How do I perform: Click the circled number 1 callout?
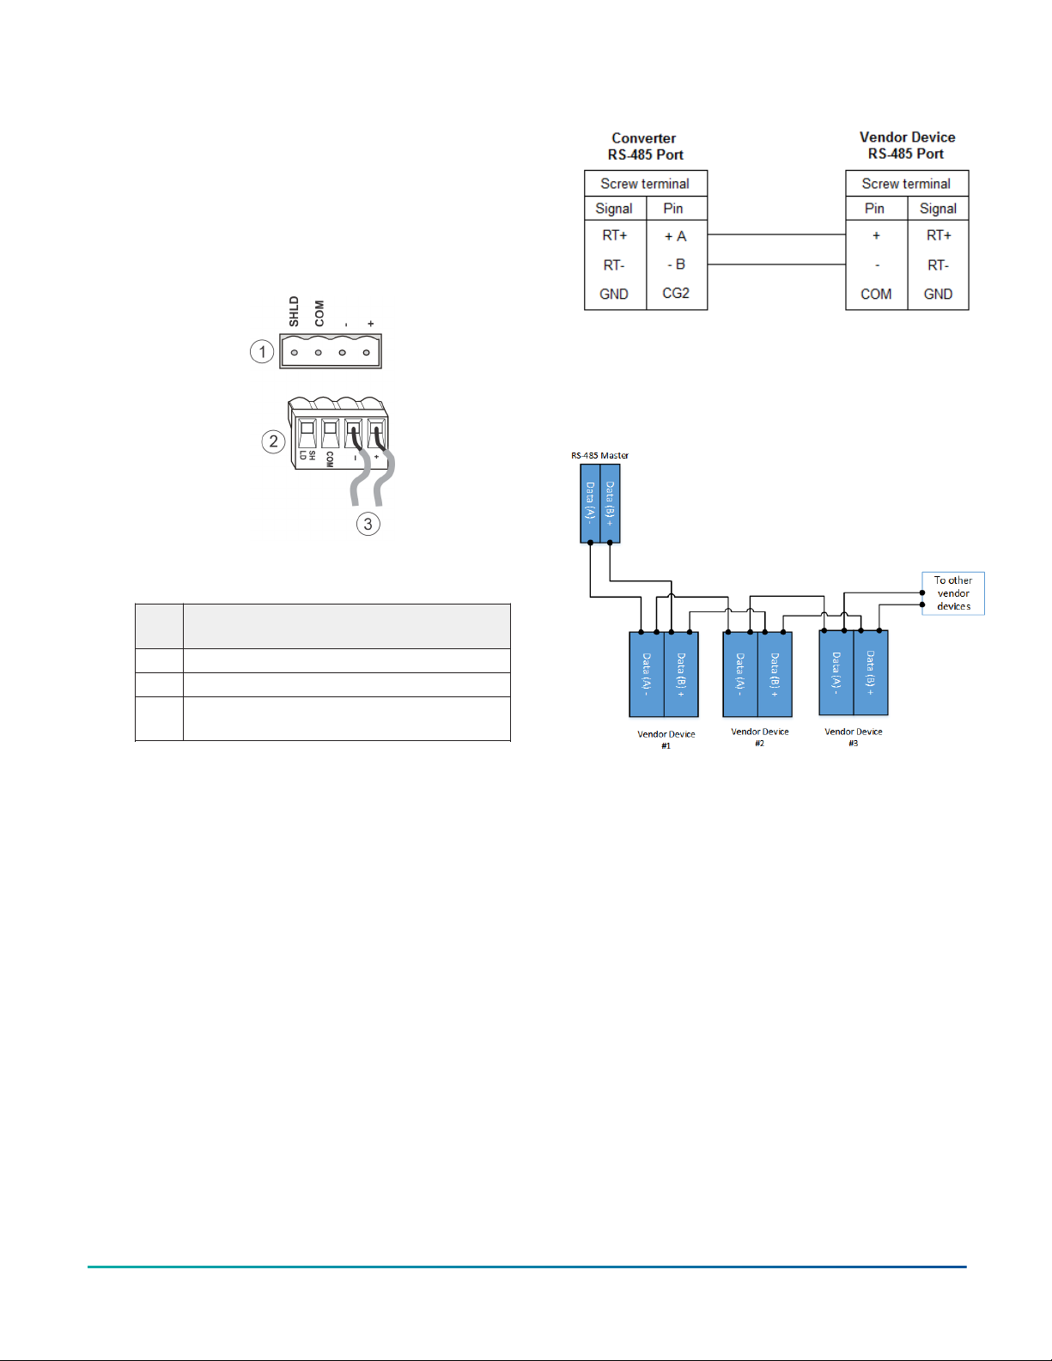(262, 351)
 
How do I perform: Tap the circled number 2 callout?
(273, 441)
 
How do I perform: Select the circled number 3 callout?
(368, 524)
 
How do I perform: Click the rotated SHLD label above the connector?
(294, 312)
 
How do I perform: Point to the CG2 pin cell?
(676, 293)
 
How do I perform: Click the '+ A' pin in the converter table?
(675, 236)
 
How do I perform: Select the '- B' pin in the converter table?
(676, 264)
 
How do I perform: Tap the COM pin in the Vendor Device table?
(875, 294)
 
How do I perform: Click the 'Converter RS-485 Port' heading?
(644, 146)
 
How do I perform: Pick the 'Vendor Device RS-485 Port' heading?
(907, 145)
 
